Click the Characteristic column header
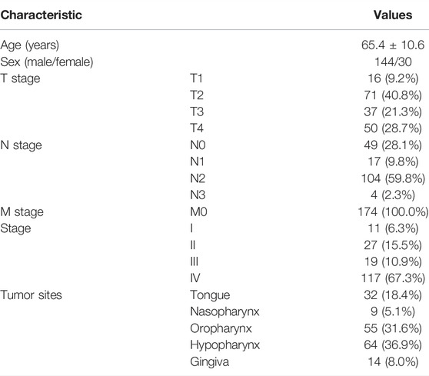click(x=41, y=15)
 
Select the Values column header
click(x=393, y=15)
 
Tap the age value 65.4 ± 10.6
click(x=393, y=45)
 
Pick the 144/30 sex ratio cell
click(x=393, y=62)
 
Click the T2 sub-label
click(x=197, y=95)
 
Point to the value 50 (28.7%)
click(x=393, y=128)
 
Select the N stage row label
click(x=21, y=145)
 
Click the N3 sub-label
click(x=198, y=195)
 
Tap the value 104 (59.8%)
click(x=393, y=178)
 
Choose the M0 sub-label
click(x=198, y=211)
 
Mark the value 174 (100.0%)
click(x=393, y=211)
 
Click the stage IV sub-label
click(x=195, y=278)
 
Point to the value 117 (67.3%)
click(x=393, y=278)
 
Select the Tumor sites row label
click(x=32, y=295)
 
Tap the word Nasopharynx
click(x=224, y=312)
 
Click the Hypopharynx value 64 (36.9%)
click(x=393, y=344)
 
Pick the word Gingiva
click(x=210, y=362)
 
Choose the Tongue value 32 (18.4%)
click(x=393, y=295)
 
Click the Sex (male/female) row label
click(x=47, y=62)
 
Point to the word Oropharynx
click(x=221, y=328)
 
